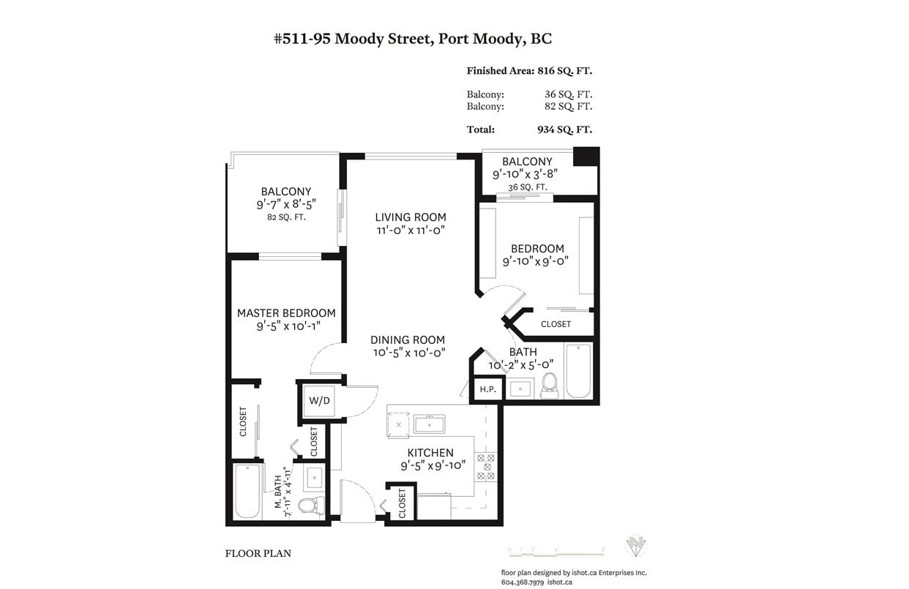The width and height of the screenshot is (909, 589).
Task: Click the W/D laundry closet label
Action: [x=319, y=401]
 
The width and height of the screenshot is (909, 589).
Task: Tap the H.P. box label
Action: [x=487, y=389]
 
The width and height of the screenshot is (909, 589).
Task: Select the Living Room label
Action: [x=411, y=217]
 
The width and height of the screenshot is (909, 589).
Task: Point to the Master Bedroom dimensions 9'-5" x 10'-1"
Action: [x=288, y=326]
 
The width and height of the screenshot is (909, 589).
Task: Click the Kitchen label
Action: [x=430, y=453]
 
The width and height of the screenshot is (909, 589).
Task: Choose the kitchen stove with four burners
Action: [x=486, y=467]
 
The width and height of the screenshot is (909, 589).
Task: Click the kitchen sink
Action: [x=430, y=424]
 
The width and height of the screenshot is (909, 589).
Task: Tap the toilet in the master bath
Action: [x=312, y=506]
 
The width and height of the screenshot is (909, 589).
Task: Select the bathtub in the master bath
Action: [x=247, y=491]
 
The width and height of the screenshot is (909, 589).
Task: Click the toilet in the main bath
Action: [x=550, y=386]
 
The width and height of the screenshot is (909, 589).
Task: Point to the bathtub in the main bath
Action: [x=578, y=371]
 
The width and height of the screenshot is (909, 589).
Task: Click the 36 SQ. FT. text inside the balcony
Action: [x=528, y=187]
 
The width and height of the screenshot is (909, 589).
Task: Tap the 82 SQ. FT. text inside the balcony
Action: [x=286, y=217]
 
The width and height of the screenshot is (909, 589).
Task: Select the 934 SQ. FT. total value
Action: [x=564, y=130]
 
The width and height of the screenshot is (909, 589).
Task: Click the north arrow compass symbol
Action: [x=636, y=546]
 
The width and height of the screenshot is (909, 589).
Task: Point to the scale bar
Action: [x=557, y=552]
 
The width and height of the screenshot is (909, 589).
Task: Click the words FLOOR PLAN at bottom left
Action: [x=258, y=554]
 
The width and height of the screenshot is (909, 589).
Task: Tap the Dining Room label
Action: [x=408, y=340]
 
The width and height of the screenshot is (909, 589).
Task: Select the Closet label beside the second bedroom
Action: [x=556, y=324]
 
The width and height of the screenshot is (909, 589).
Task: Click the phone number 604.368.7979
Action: [x=523, y=582]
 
